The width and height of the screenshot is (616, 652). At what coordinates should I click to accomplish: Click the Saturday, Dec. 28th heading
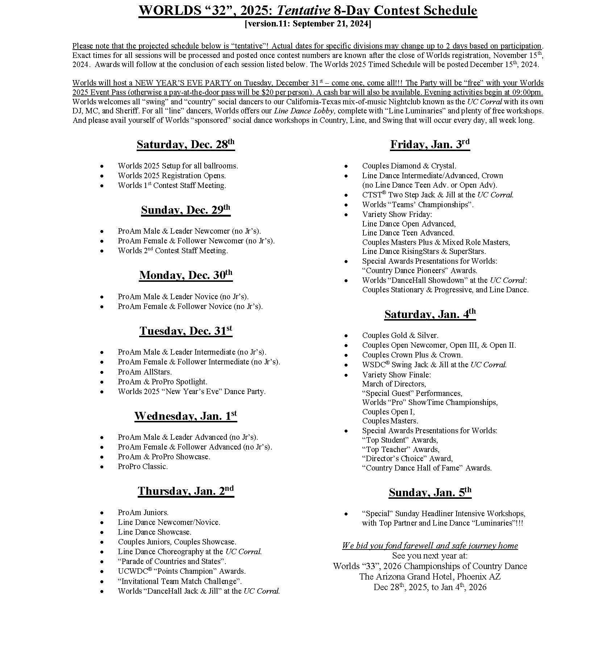[186, 145]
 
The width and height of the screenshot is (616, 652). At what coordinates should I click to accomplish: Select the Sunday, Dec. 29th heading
[186, 210]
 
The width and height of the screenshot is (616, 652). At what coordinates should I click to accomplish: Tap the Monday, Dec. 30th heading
[186, 275]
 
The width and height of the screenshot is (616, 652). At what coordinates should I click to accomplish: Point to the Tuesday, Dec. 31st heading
[186, 331]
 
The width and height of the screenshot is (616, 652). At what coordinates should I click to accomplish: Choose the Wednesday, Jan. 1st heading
[186, 416]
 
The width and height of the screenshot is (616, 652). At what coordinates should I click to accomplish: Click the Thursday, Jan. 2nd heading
[186, 491]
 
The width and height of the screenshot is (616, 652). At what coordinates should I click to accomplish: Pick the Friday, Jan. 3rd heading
[430, 145]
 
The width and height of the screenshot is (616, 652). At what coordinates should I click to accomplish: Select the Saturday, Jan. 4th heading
[430, 314]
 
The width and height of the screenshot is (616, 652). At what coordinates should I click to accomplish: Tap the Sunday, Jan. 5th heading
[430, 492]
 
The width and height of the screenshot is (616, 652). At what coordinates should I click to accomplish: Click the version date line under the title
[308, 24]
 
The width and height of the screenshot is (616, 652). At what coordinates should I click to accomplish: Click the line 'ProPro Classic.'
[143, 467]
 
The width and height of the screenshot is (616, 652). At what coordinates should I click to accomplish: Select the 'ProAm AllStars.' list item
[145, 372]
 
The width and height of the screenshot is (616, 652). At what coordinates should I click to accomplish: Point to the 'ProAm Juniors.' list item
[143, 513]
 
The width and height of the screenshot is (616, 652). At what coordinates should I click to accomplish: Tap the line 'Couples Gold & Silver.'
[400, 335]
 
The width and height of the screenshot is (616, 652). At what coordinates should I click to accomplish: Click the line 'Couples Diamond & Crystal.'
[409, 166]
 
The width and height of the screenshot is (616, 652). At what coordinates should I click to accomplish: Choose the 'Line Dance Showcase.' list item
[154, 532]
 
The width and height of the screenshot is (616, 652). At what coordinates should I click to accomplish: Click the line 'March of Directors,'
[394, 384]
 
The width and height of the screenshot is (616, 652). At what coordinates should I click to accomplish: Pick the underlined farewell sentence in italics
[430, 546]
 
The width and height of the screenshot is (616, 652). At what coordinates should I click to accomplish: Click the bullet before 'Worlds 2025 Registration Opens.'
[102, 176]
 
